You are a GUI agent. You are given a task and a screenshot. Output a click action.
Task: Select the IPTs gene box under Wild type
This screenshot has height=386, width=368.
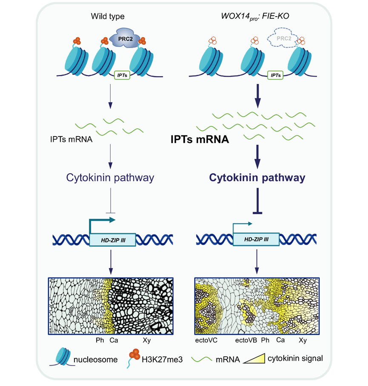pyautogui.click(x=121, y=75)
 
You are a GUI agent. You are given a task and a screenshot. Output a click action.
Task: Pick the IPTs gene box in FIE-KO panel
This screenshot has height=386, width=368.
pyautogui.click(x=276, y=75)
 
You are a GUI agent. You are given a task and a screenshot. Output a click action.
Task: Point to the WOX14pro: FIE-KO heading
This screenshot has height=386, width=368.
pyautogui.click(x=265, y=17)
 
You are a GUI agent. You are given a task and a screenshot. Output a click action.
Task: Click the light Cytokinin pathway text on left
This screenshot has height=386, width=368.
pyautogui.click(x=110, y=178)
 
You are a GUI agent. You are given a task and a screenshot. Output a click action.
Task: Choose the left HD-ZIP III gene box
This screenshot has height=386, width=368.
pyautogui.click(x=113, y=240)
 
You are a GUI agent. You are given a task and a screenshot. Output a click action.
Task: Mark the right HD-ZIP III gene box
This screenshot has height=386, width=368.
pyautogui.click(x=257, y=240)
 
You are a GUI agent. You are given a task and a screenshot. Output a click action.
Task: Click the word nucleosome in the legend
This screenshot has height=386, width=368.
pyautogui.click(x=97, y=360)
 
